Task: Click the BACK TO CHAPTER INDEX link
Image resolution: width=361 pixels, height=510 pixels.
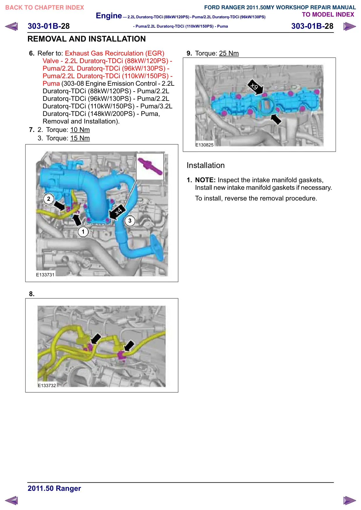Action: pos(45,8)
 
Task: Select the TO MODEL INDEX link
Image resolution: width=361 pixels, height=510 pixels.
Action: pos(328,15)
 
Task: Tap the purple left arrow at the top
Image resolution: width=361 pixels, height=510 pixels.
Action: pos(11,26)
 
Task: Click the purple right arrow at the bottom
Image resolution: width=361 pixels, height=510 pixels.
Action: pos(350,500)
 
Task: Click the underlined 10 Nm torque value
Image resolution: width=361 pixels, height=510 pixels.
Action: pos(80,130)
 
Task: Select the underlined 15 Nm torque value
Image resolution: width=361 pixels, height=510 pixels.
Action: pos(80,138)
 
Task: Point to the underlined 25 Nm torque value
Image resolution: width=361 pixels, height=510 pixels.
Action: pos(229,53)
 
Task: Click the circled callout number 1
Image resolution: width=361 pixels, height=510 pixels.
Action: pos(83,232)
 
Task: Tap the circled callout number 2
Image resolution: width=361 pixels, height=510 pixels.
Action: pos(49,199)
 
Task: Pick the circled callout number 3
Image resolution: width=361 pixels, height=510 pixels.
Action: pos(130,221)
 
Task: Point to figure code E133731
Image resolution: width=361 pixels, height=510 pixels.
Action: pos(45,275)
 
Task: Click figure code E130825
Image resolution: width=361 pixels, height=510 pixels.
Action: pos(204,145)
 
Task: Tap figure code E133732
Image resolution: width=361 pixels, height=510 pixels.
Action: pos(47,386)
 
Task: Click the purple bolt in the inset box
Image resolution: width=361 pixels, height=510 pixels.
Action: pos(150,166)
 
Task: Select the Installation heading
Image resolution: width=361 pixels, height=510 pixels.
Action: pos(206,165)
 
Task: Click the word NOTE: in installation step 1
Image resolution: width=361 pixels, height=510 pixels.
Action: pos(205,180)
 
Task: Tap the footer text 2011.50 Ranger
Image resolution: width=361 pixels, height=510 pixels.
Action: pos(54,488)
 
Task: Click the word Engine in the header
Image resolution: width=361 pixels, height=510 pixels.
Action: pos(109,16)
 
